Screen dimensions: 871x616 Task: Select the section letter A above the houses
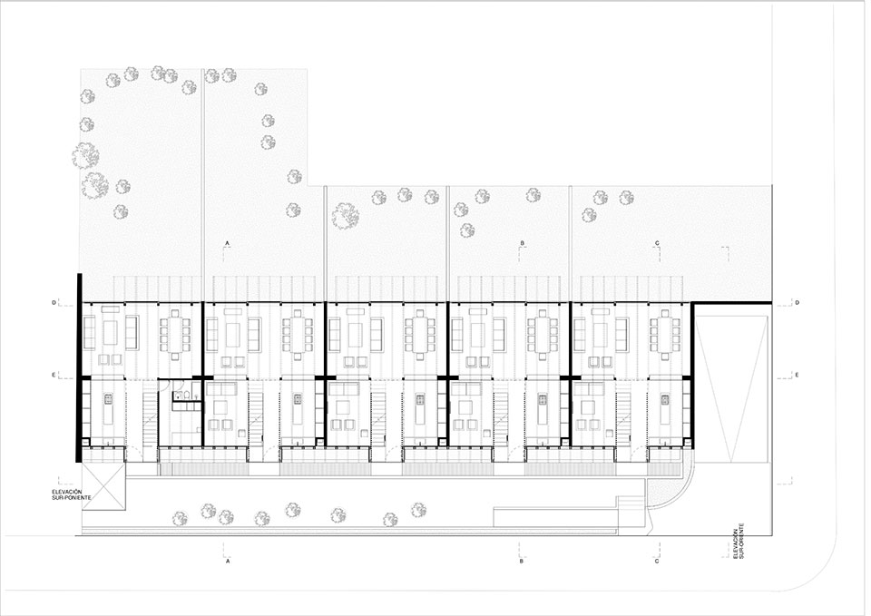tap(227, 243)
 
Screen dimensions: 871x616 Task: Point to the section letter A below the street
tap(227, 561)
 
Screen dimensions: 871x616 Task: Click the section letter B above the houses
tap(523, 243)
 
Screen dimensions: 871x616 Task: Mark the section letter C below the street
tap(657, 561)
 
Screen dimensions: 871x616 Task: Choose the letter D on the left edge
tap(54, 303)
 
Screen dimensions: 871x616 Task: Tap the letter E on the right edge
tap(797, 375)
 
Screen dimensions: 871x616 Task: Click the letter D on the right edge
tap(798, 303)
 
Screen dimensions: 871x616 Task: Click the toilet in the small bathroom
tap(188, 395)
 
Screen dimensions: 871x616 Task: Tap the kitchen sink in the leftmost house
tap(108, 398)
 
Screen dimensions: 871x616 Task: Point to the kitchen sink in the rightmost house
tap(665, 398)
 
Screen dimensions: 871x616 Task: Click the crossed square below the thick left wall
tap(103, 485)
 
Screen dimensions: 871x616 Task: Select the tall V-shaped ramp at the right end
tap(731, 388)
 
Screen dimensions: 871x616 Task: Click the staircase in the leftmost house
tap(150, 413)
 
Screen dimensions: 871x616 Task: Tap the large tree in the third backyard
tap(345, 216)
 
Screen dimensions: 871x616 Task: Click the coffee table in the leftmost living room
tap(111, 333)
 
